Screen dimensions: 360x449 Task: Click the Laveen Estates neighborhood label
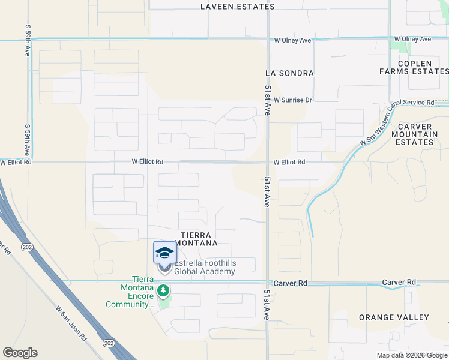[x=238, y=7]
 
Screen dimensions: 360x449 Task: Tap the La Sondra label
[x=289, y=73]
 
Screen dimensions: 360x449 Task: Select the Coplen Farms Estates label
[x=414, y=67]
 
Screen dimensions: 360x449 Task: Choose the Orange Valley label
[x=394, y=317]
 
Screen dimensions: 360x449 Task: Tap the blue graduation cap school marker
[x=164, y=253]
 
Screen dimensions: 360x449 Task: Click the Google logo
[x=20, y=353]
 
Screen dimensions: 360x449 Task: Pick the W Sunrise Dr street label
[x=293, y=100]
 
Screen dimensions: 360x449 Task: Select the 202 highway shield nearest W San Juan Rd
[x=109, y=343]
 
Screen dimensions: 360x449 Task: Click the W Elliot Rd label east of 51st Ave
[x=289, y=163]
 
